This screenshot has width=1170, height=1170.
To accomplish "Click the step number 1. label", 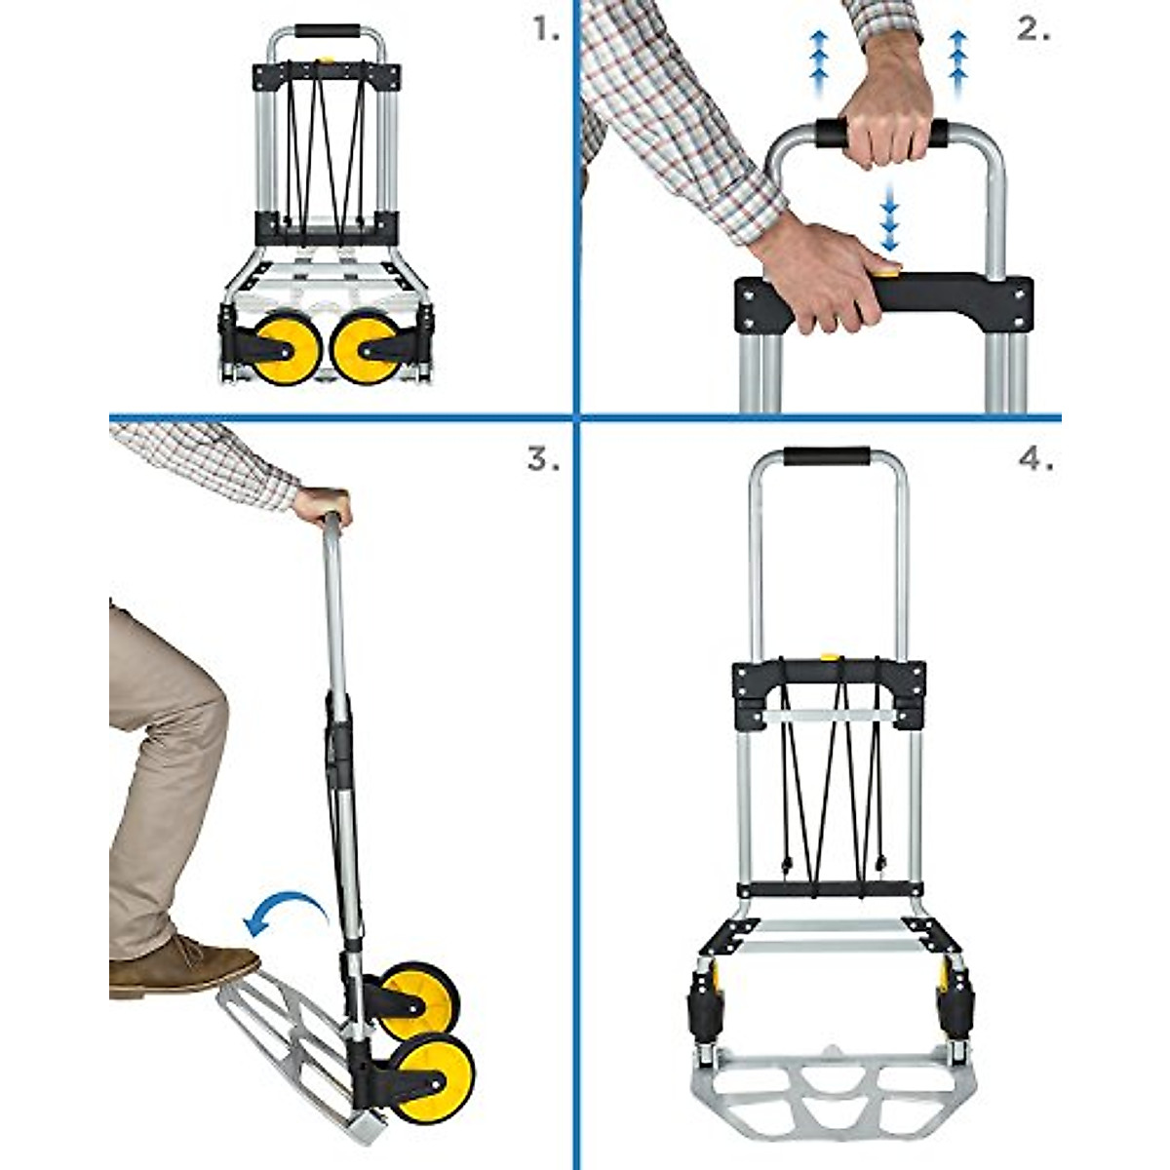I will point(547,30).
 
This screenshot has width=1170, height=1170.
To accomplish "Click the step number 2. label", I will point(1033,30).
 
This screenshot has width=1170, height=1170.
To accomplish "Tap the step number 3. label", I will point(543,459).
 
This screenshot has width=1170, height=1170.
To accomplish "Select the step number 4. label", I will point(1035,459).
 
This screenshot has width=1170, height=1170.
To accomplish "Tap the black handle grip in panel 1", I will point(327,31).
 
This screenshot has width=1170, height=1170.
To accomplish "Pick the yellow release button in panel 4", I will point(831,658).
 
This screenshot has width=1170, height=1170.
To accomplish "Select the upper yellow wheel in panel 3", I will point(420,999).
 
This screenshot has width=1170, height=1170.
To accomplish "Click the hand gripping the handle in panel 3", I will point(323,505).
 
